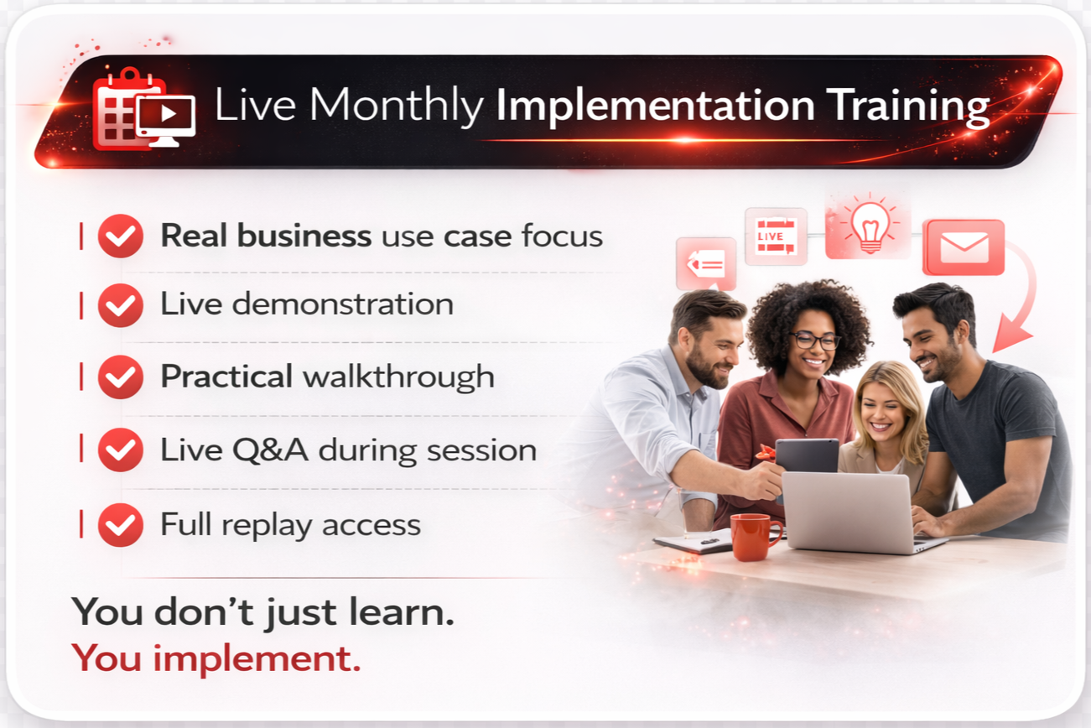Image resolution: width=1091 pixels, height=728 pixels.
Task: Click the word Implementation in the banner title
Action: tap(655, 107)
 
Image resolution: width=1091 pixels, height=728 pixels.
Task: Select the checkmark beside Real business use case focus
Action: tap(121, 237)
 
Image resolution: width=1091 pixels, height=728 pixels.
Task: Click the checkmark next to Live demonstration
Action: tap(121, 304)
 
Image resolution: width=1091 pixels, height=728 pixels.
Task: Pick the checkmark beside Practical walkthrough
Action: tap(121, 377)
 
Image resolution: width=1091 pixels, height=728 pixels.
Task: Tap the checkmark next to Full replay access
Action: tap(121, 525)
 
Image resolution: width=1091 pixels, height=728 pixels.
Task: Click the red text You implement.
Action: tap(216, 658)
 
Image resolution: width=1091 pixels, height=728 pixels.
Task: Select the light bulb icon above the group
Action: tap(869, 226)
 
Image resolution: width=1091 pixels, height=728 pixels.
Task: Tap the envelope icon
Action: tap(964, 247)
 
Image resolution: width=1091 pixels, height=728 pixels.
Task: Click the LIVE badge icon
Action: tap(776, 237)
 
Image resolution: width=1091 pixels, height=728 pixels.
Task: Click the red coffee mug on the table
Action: tap(754, 536)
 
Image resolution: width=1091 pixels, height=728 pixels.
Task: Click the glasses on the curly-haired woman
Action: tap(813, 341)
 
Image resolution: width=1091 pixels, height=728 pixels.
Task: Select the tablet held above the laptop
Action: tap(807, 455)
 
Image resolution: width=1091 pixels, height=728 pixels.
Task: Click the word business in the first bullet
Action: tap(304, 237)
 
